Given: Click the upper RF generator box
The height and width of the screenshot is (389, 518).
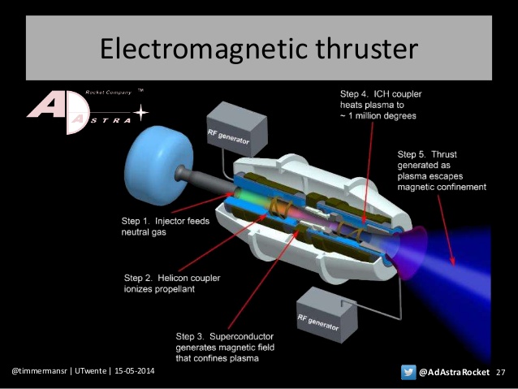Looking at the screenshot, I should click(x=238, y=130).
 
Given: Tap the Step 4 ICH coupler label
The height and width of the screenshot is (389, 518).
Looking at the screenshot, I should click(x=381, y=105).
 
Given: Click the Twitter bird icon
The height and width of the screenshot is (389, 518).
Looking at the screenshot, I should click(x=409, y=372).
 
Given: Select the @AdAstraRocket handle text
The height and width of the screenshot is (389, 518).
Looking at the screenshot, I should click(x=454, y=372).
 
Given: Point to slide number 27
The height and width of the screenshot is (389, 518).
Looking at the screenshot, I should click(x=500, y=372).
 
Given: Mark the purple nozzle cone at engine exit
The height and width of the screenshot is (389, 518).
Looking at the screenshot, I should click(x=412, y=242).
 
